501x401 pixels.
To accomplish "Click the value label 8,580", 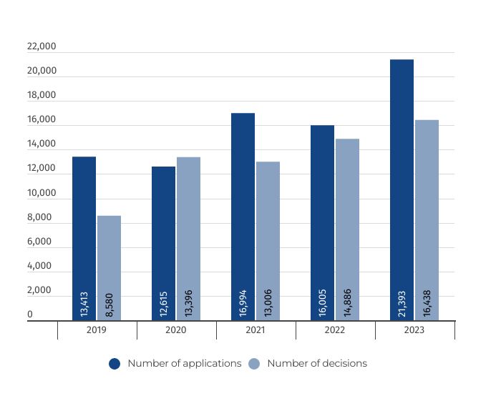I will pos(109,304).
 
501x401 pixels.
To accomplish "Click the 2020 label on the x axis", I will pos(176,330).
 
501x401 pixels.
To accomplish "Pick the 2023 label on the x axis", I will pos(414,330).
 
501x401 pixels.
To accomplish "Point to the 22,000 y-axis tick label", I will pos(42,47).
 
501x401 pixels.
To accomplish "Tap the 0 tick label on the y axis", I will pos(30,315).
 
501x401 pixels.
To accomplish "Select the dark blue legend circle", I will pos(115,364).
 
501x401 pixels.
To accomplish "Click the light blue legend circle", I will pos(254,364).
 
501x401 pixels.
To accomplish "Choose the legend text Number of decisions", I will pos(317,363).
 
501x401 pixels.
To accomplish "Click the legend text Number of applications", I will pos(185,363).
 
